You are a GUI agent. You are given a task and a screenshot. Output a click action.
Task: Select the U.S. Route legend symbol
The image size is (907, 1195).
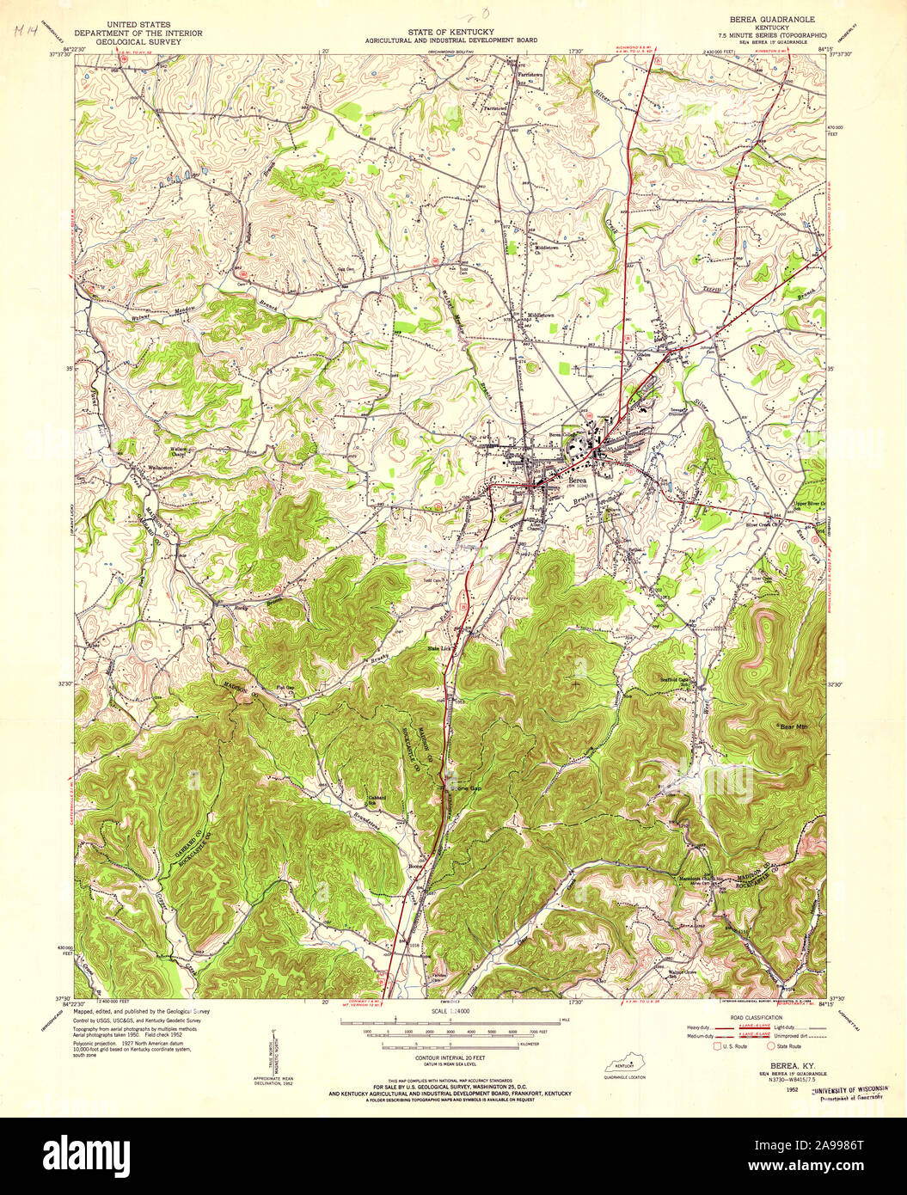717,1046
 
